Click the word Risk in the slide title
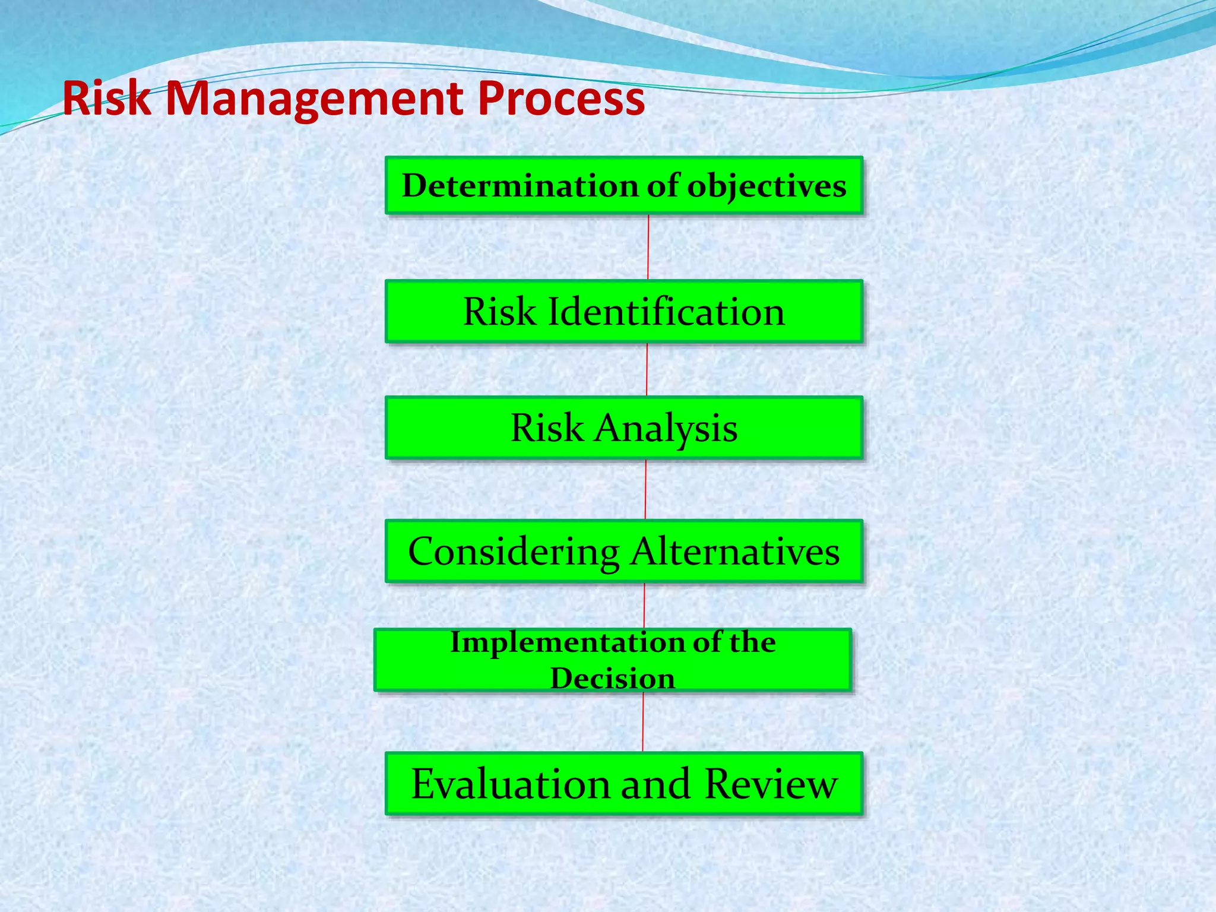107,99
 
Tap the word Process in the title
560,99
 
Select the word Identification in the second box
666,311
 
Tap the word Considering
514,552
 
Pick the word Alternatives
735,552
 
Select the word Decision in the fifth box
612,678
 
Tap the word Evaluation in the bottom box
511,784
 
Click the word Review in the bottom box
771,784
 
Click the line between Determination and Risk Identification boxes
648,247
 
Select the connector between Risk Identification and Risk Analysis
647,369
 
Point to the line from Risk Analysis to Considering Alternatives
646,489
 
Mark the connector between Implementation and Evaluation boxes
643,722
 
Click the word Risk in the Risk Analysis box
546,427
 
